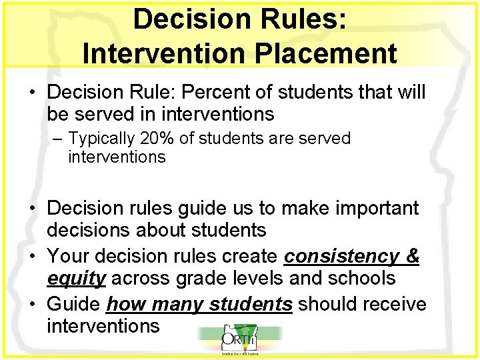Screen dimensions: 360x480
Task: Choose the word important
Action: [366, 208]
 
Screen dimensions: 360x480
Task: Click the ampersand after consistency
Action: [413, 256]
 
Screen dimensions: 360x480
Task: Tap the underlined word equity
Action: [76, 278]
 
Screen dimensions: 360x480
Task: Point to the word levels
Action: [264, 278]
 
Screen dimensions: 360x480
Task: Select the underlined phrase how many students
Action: [199, 304]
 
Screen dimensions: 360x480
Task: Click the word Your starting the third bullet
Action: [70, 256]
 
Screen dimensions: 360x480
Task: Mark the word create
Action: [250, 256]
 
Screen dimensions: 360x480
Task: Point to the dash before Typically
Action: [59, 139]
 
